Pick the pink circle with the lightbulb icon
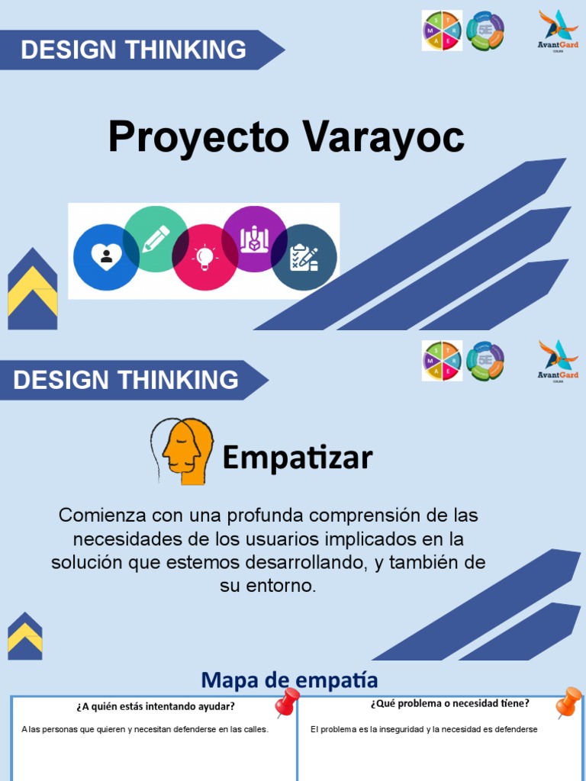coord(204,258)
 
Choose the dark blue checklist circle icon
coord(304,258)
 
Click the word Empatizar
coord(298,458)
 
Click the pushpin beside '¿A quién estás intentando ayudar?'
coord(286,702)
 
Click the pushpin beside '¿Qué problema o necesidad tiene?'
coord(568,702)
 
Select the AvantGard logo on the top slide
coord(558,31)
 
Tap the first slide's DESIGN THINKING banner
coord(134,50)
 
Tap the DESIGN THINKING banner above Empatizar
coord(126,380)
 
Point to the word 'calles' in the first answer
coord(255,730)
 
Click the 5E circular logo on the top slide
coord(485,31)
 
